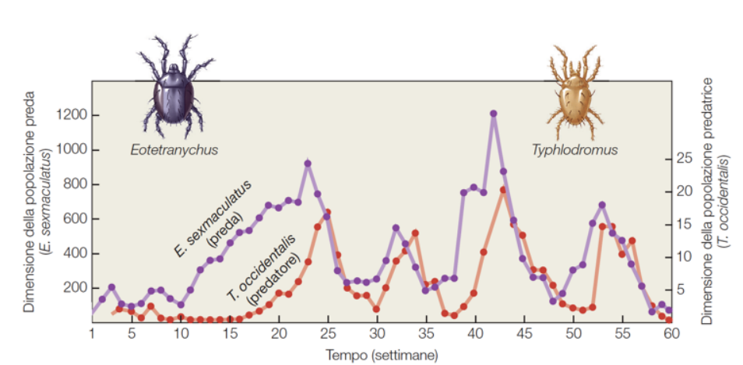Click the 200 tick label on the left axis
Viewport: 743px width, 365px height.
coord(74,288)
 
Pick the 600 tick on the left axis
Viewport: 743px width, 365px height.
coord(74,219)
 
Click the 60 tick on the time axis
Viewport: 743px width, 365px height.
coord(671,334)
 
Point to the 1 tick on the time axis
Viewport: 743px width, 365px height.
coord(93,334)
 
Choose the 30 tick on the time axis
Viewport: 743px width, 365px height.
coord(377,334)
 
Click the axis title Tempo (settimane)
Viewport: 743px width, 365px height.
coord(382,354)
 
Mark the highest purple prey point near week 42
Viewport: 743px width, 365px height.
coord(493,114)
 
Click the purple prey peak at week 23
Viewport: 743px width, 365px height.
coord(308,163)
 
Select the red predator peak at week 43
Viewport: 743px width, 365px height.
coord(503,190)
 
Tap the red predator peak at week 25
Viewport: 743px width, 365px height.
coord(327,212)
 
